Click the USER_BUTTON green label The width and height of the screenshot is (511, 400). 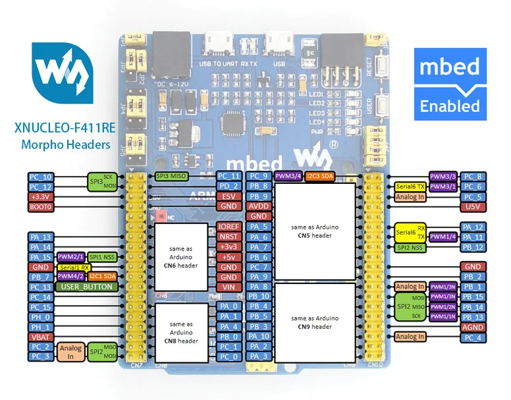click(87, 287)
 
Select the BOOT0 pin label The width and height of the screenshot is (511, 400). click(40, 207)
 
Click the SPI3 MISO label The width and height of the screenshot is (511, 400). click(171, 177)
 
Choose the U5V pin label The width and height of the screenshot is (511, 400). click(472, 207)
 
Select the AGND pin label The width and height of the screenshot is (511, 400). click(472, 327)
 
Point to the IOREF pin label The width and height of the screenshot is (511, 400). click(229, 227)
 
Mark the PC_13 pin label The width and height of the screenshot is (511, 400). click(40, 287)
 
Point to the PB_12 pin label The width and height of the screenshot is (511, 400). click(472, 247)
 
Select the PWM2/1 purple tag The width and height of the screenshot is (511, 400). click(70, 257)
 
